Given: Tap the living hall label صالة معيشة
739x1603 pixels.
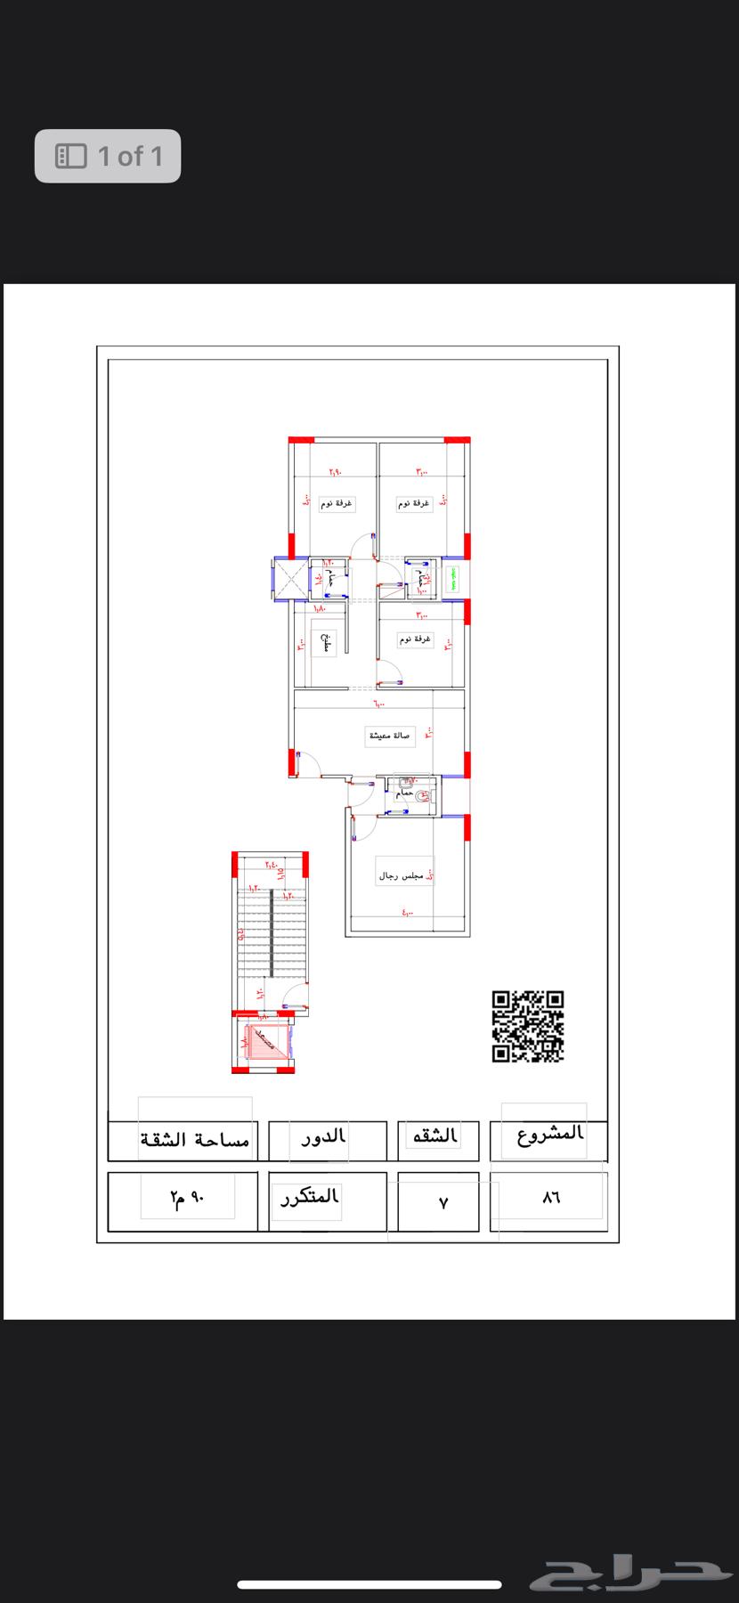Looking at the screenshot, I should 390,736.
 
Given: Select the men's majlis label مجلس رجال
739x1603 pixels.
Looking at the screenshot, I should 403,876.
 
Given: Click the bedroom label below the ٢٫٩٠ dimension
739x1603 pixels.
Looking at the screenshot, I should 337,503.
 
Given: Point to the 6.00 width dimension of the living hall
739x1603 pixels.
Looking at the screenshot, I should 379,704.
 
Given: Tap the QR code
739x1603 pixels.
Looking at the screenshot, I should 528,1026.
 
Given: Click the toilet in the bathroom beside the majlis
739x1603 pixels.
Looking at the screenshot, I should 422,798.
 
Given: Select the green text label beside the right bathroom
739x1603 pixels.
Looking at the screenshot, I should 453,580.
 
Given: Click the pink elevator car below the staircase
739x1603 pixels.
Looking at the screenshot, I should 264,1039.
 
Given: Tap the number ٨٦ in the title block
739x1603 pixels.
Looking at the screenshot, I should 551,1199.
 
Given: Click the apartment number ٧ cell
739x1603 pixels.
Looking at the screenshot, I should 443,1202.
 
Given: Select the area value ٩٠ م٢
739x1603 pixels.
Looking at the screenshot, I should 187,1199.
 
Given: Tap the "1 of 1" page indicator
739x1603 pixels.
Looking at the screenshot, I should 109,157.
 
